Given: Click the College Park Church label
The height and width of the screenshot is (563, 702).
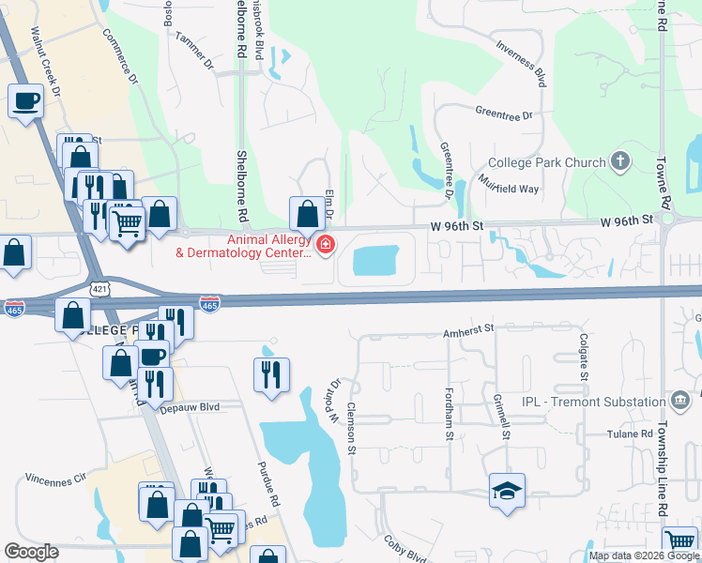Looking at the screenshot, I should point(551,162).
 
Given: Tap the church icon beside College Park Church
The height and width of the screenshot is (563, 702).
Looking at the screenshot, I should point(619,161).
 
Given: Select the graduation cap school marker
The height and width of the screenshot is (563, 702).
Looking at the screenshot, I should point(507,491).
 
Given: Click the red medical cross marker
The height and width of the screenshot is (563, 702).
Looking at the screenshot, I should point(326,246).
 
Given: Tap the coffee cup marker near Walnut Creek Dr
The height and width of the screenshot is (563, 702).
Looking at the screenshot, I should point(25,100).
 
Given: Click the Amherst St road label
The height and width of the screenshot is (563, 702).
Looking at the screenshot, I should point(468,330).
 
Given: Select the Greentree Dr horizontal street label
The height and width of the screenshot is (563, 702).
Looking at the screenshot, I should point(503,114).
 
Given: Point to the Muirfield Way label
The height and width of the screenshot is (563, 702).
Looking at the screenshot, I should point(508,182).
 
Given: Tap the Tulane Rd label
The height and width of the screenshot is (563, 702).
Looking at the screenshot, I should point(629,434).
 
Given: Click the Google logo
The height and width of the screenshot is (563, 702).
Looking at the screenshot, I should point(30,552).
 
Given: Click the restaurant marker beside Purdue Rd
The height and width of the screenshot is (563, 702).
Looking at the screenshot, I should point(271,374).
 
